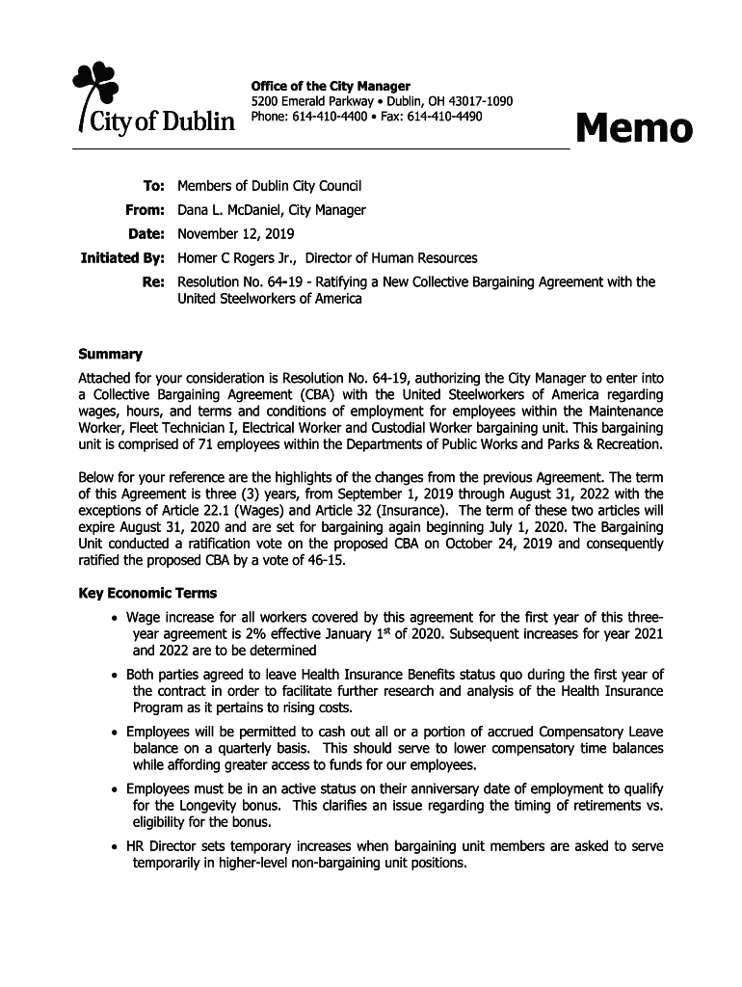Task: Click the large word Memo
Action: [x=633, y=128]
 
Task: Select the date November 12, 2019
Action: [x=236, y=234]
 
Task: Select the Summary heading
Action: [x=110, y=354]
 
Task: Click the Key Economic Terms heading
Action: [x=147, y=593]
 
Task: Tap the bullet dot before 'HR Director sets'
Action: [x=116, y=847]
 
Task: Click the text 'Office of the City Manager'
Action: [x=331, y=87]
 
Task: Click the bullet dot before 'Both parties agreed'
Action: [x=116, y=676]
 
